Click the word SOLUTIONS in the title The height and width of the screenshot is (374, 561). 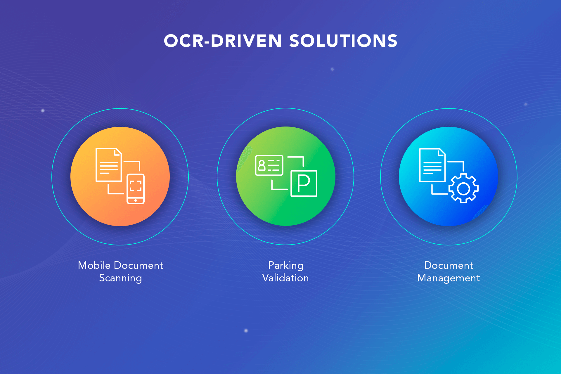point(343,41)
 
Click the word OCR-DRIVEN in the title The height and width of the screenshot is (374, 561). point(223,41)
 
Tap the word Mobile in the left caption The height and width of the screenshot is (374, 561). point(94,265)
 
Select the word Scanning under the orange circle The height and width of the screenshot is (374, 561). point(120,278)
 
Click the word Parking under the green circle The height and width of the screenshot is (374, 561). point(286,266)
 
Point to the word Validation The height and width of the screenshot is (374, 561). point(285,278)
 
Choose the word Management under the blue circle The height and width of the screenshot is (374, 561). point(449,278)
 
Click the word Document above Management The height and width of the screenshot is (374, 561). point(449,265)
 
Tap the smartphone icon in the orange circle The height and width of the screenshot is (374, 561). point(136,189)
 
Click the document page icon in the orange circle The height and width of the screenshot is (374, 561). point(109,165)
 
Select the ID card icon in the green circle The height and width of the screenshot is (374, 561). point(269,165)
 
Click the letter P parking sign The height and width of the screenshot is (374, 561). point(304,183)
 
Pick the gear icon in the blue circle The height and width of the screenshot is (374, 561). point(463,188)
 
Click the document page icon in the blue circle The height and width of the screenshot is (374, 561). point(432,165)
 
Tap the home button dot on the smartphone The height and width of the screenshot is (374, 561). point(136,200)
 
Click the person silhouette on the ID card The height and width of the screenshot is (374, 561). point(262,165)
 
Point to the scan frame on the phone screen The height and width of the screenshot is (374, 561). point(136,186)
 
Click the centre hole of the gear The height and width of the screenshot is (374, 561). point(463,188)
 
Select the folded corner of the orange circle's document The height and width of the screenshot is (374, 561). point(118,152)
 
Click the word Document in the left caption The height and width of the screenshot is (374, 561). point(138,265)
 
